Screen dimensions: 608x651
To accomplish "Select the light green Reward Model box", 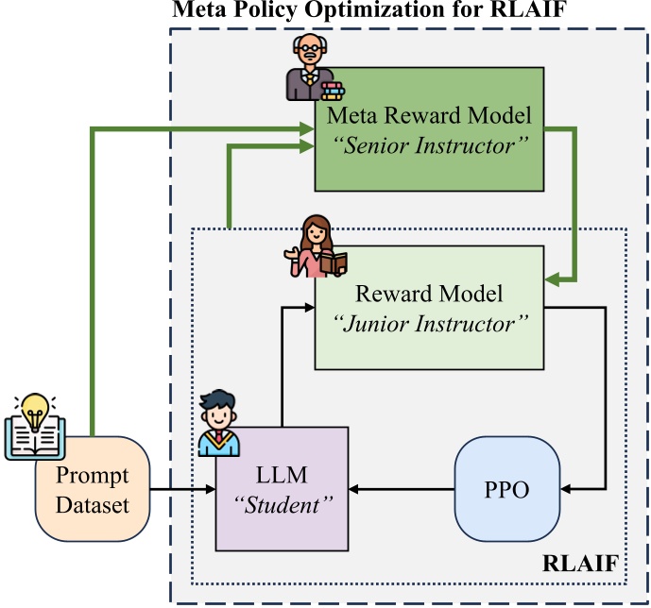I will coord(429,307).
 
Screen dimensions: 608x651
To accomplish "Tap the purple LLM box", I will coord(282,488).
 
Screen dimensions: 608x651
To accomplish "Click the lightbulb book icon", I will coord(31,425).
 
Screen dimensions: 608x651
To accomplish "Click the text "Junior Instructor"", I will coord(429,323).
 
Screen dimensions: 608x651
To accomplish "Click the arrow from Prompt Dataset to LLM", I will coord(183,489).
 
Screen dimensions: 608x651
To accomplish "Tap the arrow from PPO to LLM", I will coord(402,489).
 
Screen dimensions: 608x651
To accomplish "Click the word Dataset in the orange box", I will coord(92,504).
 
